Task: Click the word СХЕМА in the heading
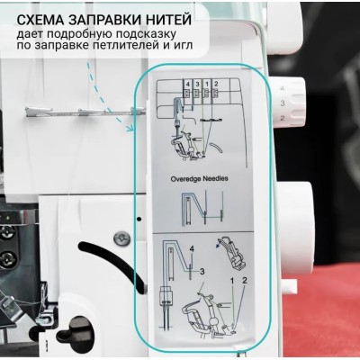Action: pyautogui.click(x=48, y=16)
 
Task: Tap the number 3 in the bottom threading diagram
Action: pyautogui.click(x=202, y=269)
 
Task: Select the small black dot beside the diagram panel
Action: pyautogui.click(x=139, y=218)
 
